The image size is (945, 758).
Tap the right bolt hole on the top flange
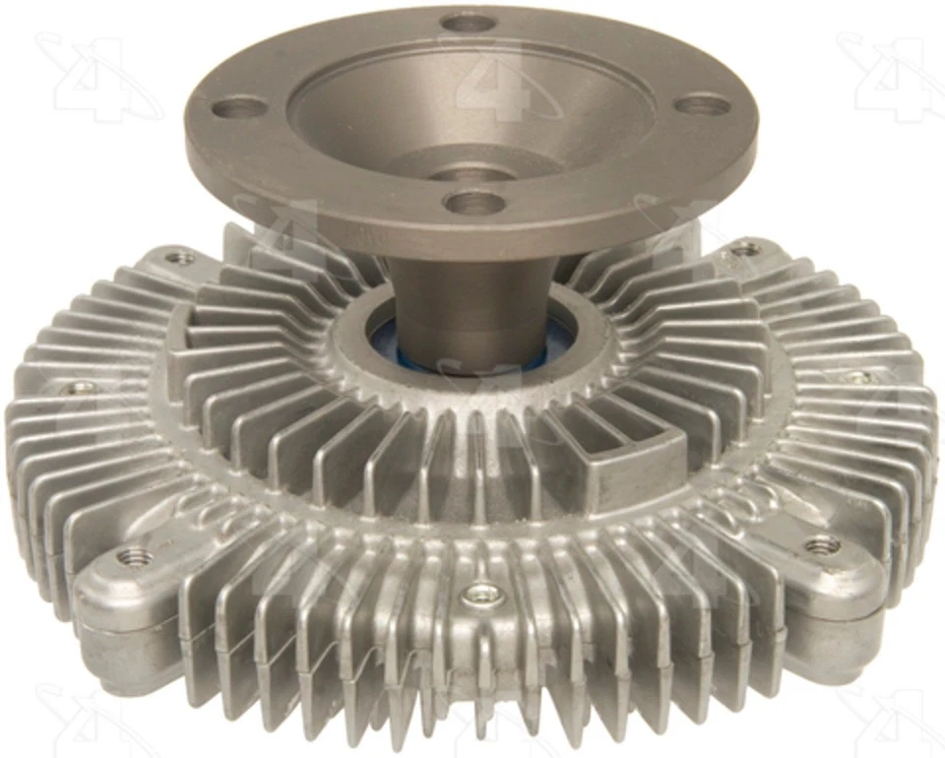[705, 104]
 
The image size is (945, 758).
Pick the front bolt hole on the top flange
[474, 203]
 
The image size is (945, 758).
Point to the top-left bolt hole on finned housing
[179, 258]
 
